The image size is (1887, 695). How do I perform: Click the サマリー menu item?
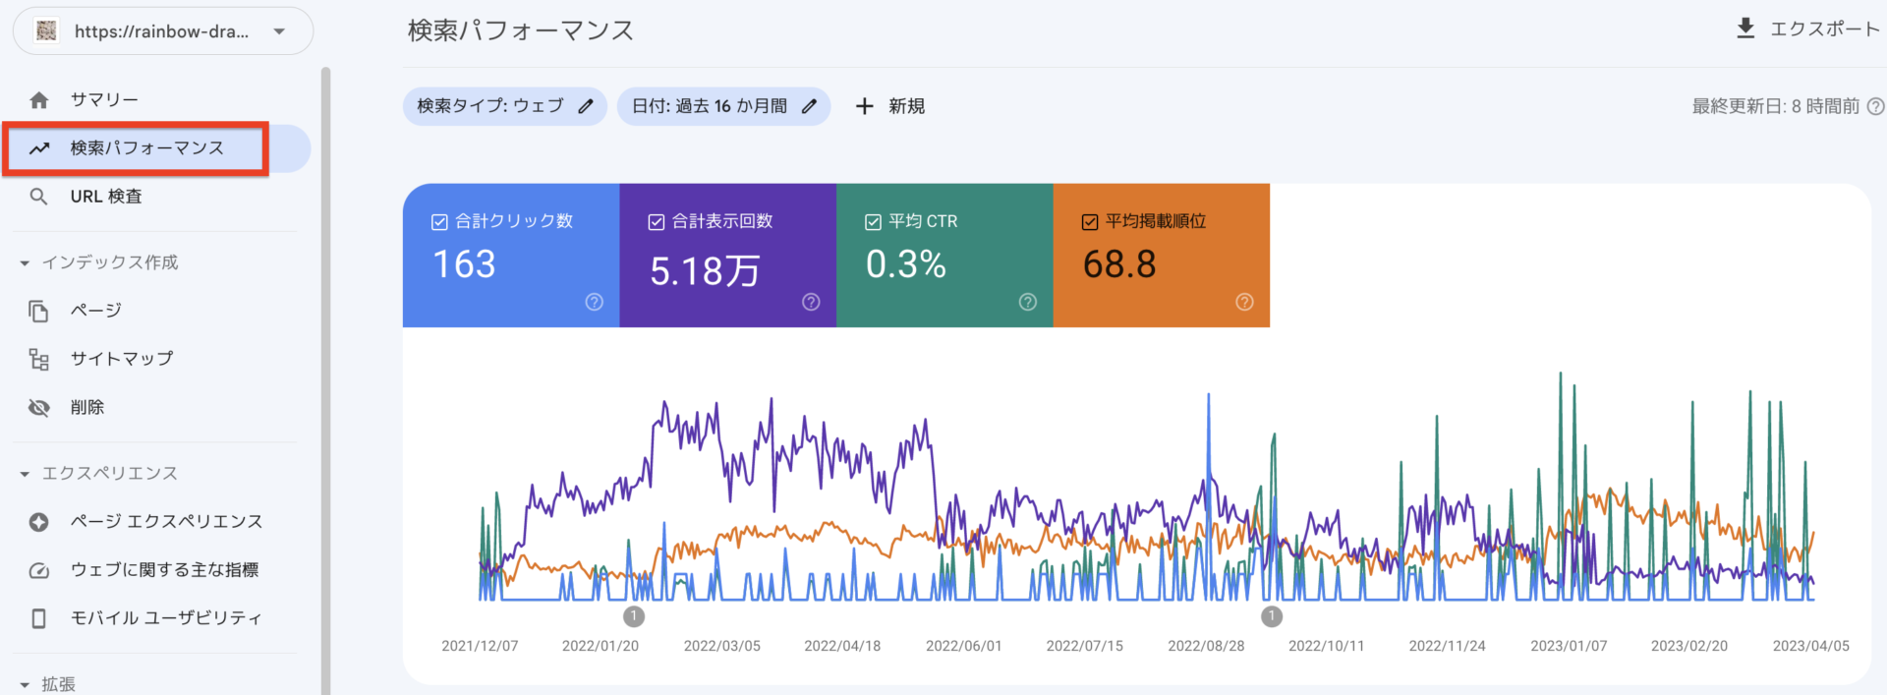point(103,99)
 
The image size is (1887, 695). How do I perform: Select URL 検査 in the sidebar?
point(106,197)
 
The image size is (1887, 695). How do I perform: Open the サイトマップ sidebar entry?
point(121,359)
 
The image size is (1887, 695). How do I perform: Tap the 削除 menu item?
point(87,407)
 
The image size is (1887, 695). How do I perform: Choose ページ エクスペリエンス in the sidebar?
point(166,521)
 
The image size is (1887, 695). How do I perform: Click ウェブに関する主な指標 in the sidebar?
point(164,570)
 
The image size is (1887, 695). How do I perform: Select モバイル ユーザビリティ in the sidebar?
point(166,618)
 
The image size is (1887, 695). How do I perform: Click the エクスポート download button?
point(1807,29)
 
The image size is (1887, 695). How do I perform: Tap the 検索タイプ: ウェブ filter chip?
point(504,106)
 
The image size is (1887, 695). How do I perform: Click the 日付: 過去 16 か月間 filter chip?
point(723,106)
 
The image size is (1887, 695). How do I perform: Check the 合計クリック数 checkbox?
point(439,222)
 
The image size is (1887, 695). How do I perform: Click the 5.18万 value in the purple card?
point(705,270)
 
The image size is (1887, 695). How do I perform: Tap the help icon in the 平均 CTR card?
point(1028,302)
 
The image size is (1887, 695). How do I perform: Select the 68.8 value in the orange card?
point(1119,264)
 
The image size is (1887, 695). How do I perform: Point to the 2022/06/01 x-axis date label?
point(963,646)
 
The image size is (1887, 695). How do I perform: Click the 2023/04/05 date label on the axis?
point(1810,646)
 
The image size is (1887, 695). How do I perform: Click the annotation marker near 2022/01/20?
point(634,616)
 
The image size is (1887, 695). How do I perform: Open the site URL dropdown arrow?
point(279,31)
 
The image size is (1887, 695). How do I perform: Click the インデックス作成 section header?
point(109,262)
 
